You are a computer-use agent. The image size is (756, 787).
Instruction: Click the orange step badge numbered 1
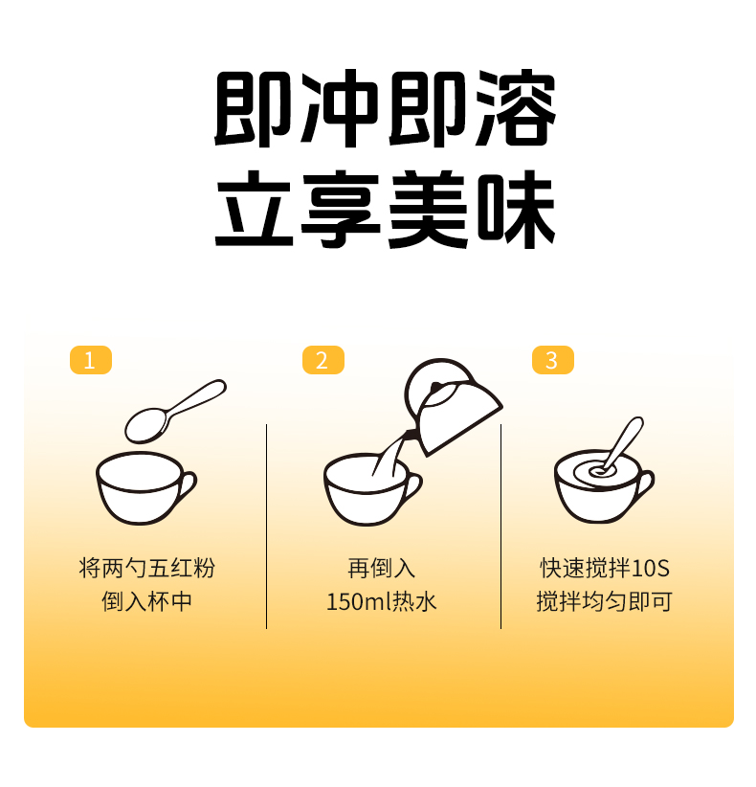(x=91, y=360)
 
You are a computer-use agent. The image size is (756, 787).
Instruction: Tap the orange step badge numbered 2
(x=322, y=360)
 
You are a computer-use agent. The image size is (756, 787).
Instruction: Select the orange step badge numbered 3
(x=552, y=360)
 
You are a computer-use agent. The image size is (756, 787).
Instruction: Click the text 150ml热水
(x=382, y=602)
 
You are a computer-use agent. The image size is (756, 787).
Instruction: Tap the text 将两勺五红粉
(x=146, y=568)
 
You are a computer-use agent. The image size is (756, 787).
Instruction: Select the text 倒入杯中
(x=146, y=602)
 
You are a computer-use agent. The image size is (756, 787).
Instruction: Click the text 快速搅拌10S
(x=604, y=568)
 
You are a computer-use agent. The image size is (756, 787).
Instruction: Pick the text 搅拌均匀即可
(x=604, y=602)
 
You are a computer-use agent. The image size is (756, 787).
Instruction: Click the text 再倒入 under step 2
(x=382, y=568)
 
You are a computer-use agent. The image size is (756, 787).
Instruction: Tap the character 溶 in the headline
(x=512, y=107)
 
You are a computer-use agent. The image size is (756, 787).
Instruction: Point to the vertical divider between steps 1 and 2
(x=266, y=527)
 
